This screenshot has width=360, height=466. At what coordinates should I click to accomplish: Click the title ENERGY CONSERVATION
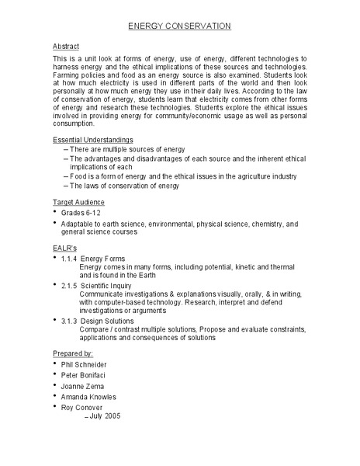(x=179, y=26)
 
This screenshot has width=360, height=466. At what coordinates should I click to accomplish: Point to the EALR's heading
(x=64, y=247)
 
